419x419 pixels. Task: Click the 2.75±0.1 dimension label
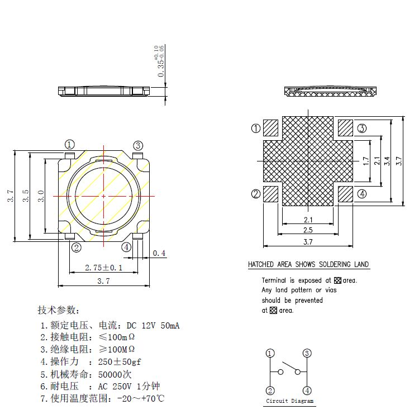tap(103, 268)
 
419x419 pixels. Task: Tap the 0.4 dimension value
tap(159, 253)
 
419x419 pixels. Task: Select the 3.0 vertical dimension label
tap(41, 196)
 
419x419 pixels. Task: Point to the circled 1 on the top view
tap(70, 145)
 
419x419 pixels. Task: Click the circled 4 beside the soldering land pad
tap(362, 194)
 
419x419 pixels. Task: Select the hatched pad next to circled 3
tap(345, 127)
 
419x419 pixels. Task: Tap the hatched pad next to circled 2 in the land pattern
tap(271, 194)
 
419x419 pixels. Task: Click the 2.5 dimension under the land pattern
tap(308, 230)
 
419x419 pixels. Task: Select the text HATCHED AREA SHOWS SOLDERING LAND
tap(308, 264)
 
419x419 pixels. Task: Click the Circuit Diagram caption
tap(289, 401)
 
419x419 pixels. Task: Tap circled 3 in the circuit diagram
tap(307, 353)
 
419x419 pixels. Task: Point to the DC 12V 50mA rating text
tap(153, 325)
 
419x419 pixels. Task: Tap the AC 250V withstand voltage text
tap(120, 386)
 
